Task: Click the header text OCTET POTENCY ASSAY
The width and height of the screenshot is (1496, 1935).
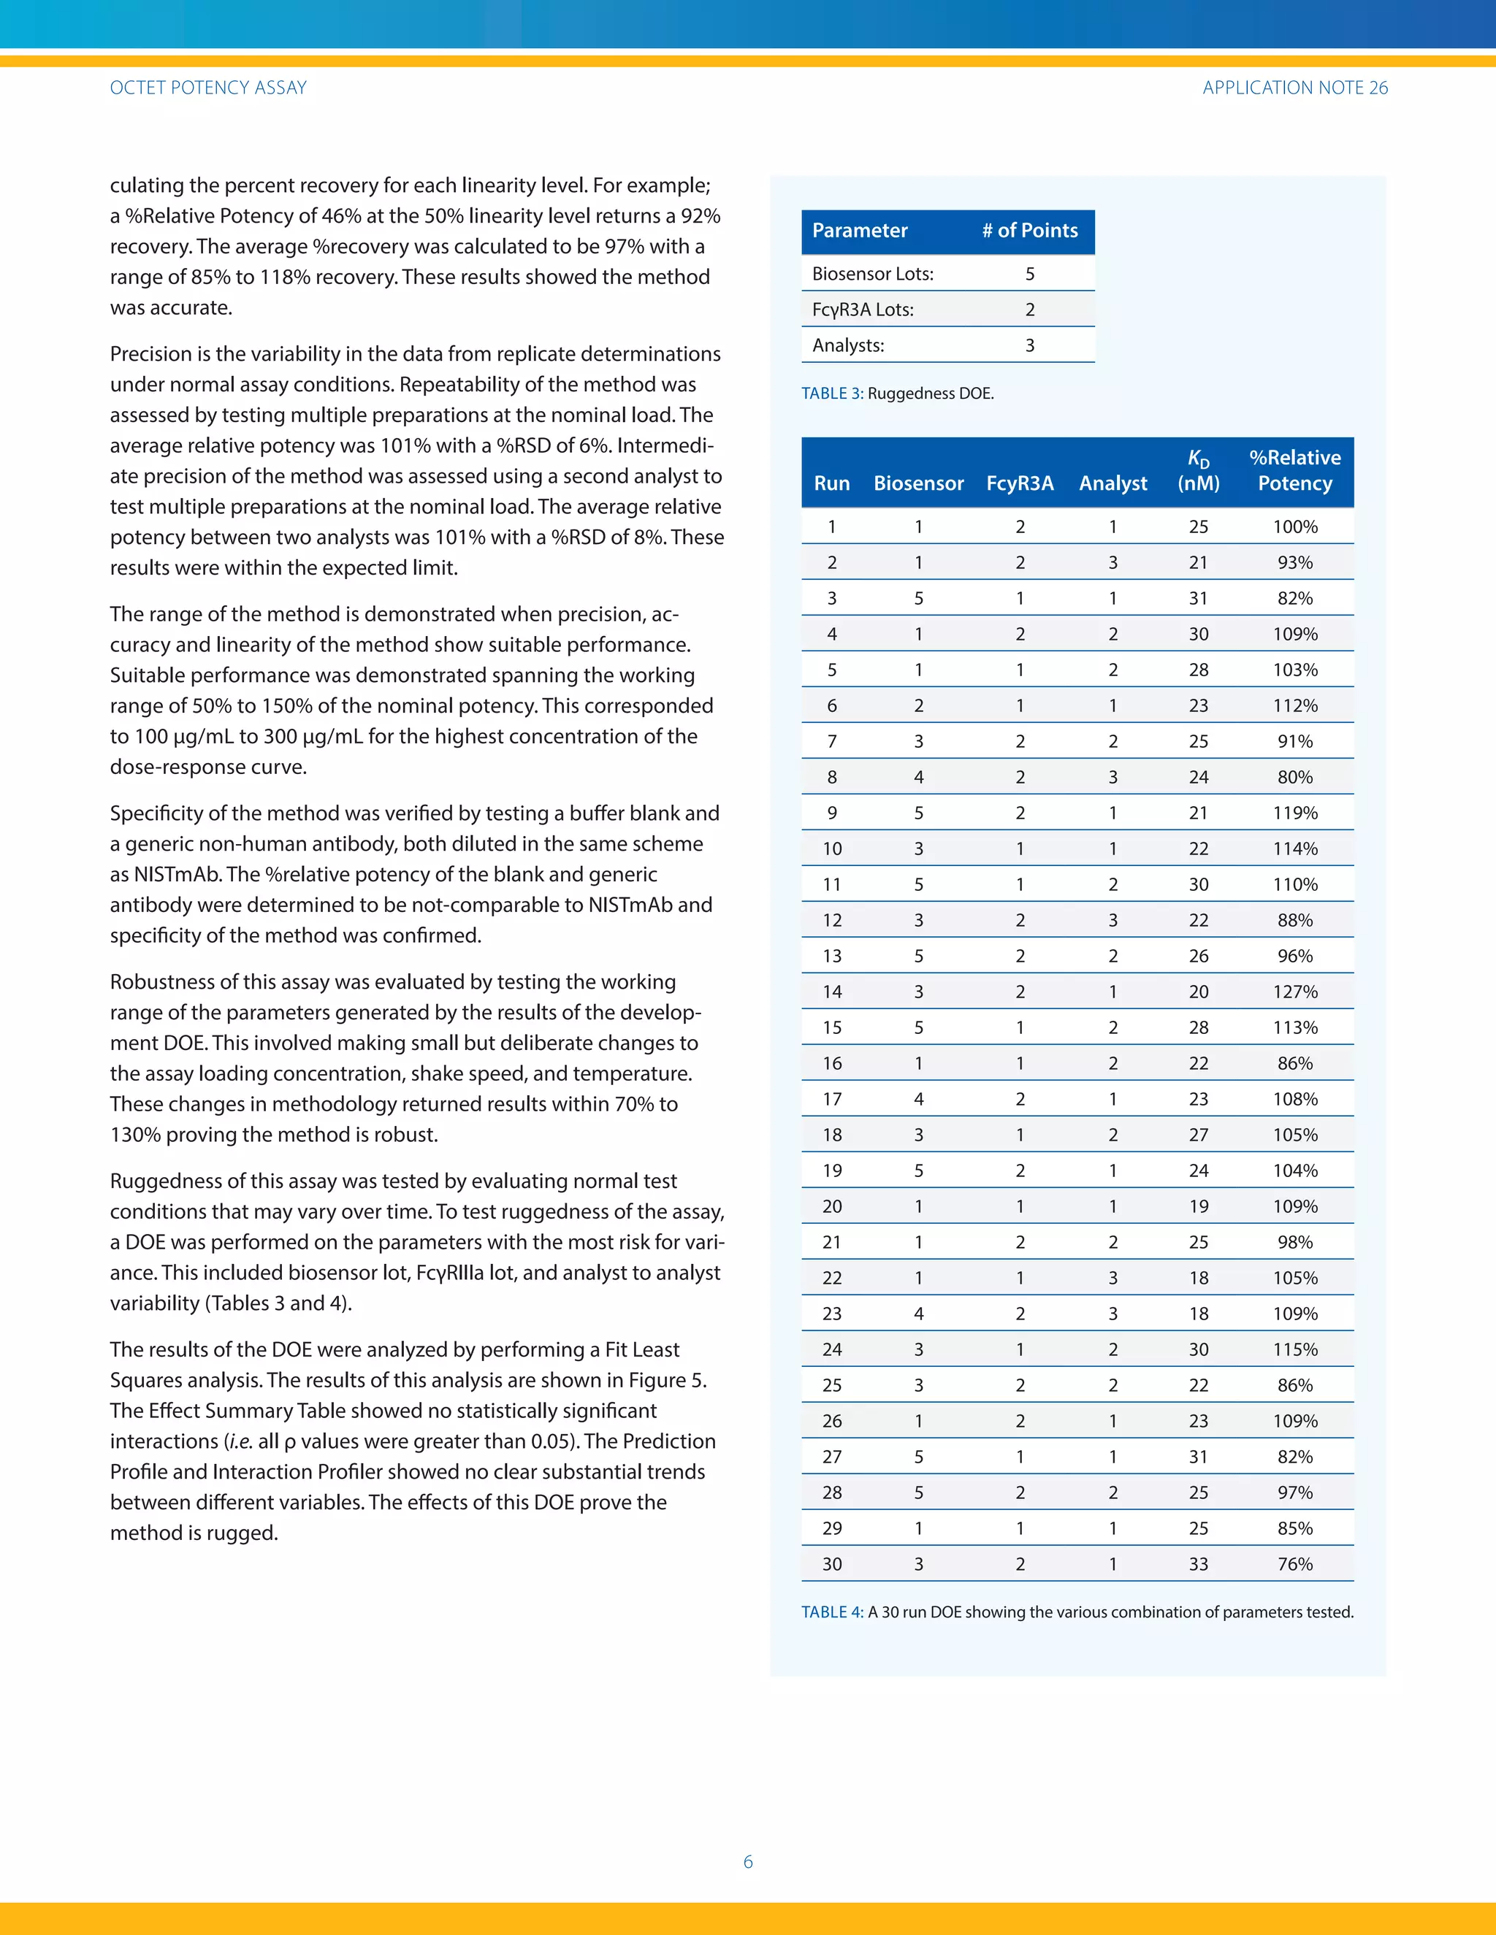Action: click(208, 88)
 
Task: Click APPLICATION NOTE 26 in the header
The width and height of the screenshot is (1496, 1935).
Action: click(1295, 88)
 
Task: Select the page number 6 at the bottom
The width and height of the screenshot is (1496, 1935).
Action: click(748, 1861)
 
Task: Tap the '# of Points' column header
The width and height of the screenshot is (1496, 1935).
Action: click(1030, 230)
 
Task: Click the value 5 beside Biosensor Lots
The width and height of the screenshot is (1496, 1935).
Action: click(1030, 274)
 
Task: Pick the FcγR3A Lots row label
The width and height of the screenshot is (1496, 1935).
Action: click(863, 309)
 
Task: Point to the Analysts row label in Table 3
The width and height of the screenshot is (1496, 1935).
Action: click(848, 345)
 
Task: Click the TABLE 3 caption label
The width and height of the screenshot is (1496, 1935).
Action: click(831, 394)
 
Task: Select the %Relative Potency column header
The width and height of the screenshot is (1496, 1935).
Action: click(1295, 470)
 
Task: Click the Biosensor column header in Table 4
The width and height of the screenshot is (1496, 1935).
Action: click(918, 483)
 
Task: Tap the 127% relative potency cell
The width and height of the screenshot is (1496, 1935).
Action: click(1295, 992)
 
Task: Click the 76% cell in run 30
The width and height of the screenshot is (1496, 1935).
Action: click(1295, 1565)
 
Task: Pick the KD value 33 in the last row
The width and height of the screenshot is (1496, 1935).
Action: click(1198, 1565)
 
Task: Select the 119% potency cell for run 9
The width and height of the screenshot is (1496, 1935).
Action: click(1295, 813)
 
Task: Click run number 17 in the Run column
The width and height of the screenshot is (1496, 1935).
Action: click(831, 1100)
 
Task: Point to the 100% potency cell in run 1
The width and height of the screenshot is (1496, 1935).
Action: click(1295, 527)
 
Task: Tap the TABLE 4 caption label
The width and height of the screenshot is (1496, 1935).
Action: click(831, 1612)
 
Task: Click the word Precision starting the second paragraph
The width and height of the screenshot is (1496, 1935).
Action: click(149, 354)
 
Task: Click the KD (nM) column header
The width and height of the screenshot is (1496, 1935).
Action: click(1198, 470)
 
